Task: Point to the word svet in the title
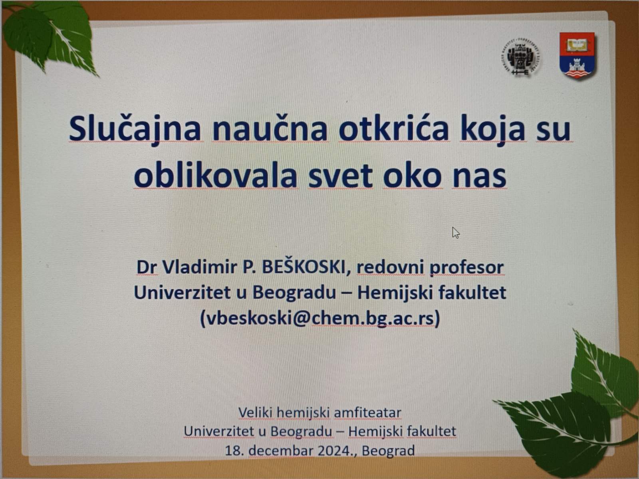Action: pos(340,177)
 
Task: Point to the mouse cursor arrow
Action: pos(456,233)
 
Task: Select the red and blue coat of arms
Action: pos(577,55)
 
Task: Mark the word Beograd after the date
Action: pos(388,451)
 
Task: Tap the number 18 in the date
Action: pos(234,451)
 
